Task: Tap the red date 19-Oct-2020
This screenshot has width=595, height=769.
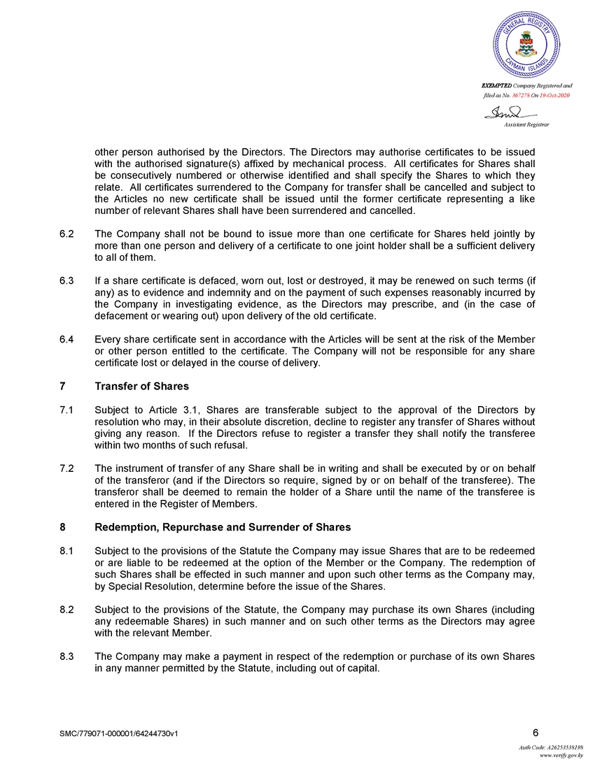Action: click(x=554, y=94)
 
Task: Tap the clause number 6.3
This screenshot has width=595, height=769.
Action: click(x=67, y=280)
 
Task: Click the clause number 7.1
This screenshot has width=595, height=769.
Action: click(x=67, y=410)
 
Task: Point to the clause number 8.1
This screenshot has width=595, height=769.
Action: click(x=67, y=550)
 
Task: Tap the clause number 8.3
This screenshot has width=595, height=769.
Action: click(x=67, y=656)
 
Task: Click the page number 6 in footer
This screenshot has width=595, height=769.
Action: click(x=535, y=733)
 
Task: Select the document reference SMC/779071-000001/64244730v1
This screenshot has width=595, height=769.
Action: click(x=120, y=734)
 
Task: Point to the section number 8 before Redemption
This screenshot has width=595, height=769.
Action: click(x=63, y=527)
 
